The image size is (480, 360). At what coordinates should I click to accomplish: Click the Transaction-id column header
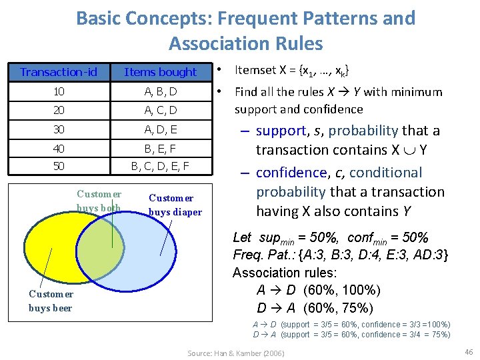pyautogui.click(x=59, y=72)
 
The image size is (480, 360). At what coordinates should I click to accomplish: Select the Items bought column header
pyautogui.click(x=161, y=72)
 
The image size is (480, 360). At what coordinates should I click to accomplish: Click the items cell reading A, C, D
pyautogui.click(x=161, y=109)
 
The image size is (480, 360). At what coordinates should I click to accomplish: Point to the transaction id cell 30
pyautogui.click(x=59, y=129)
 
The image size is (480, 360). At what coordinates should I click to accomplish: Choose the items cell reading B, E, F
pyautogui.click(x=161, y=148)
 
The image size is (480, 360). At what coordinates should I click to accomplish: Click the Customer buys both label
pyautogui.click(x=99, y=201)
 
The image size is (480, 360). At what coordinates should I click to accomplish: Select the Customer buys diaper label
pyautogui.click(x=175, y=205)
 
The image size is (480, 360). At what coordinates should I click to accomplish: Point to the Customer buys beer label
pyautogui.click(x=51, y=301)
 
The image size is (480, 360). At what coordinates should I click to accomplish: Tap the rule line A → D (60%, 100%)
pyautogui.click(x=319, y=290)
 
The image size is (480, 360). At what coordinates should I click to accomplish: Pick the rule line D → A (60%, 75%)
pyautogui.click(x=315, y=308)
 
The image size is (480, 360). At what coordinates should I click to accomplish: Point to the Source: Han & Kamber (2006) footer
pyautogui.click(x=235, y=353)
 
